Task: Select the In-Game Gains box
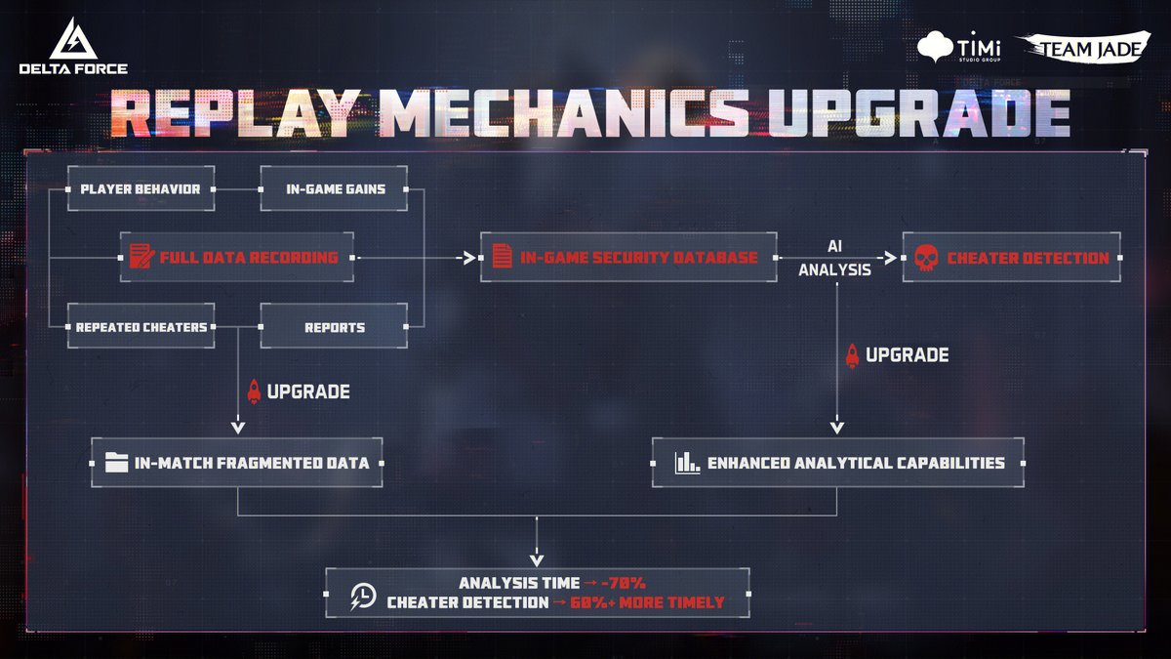point(335,189)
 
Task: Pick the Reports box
point(335,327)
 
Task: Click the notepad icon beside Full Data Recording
point(141,258)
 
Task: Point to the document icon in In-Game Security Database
point(502,258)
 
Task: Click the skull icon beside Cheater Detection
point(924,258)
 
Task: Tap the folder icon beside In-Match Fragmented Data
point(116,462)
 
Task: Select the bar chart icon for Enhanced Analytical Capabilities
point(686,462)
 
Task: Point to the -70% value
point(624,583)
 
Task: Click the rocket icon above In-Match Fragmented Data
point(255,391)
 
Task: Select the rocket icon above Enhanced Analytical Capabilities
point(852,355)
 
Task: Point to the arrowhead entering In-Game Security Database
point(469,258)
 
